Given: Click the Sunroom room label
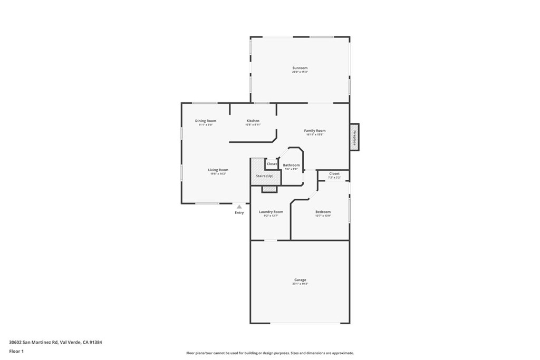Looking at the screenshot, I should [x=300, y=68].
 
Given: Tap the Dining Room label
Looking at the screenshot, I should [x=206, y=121].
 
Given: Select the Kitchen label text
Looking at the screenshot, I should [x=253, y=121].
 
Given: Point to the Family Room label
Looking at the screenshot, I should [x=314, y=130].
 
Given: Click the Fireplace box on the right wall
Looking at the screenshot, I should [x=354, y=137].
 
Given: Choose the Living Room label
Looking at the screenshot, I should [x=218, y=170].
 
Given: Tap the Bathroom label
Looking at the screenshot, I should [x=291, y=165].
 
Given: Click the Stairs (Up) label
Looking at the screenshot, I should [x=265, y=176].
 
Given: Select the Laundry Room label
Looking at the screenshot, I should [x=271, y=211].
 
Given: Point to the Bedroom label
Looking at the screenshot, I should [x=323, y=211].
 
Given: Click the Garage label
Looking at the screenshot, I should [x=300, y=280].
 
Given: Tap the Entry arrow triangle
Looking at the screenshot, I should [x=239, y=207].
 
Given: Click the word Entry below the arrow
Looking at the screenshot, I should [x=239, y=212].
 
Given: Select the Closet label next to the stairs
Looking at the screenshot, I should [x=272, y=164].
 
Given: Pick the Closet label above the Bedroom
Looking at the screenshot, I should [x=334, y=173].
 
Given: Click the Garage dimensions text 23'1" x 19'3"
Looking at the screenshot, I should [x=300, y=284].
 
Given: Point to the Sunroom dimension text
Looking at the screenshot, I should [x=300, y=72].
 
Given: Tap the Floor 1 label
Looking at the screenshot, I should [x=16, y=351].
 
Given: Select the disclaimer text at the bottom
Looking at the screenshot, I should [x=269, y=353].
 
